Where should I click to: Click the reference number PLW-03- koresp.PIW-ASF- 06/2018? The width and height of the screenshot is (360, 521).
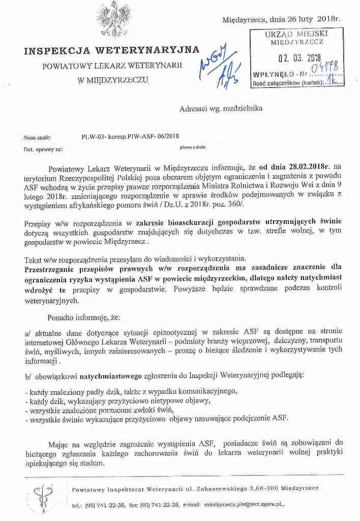point(130,137)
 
